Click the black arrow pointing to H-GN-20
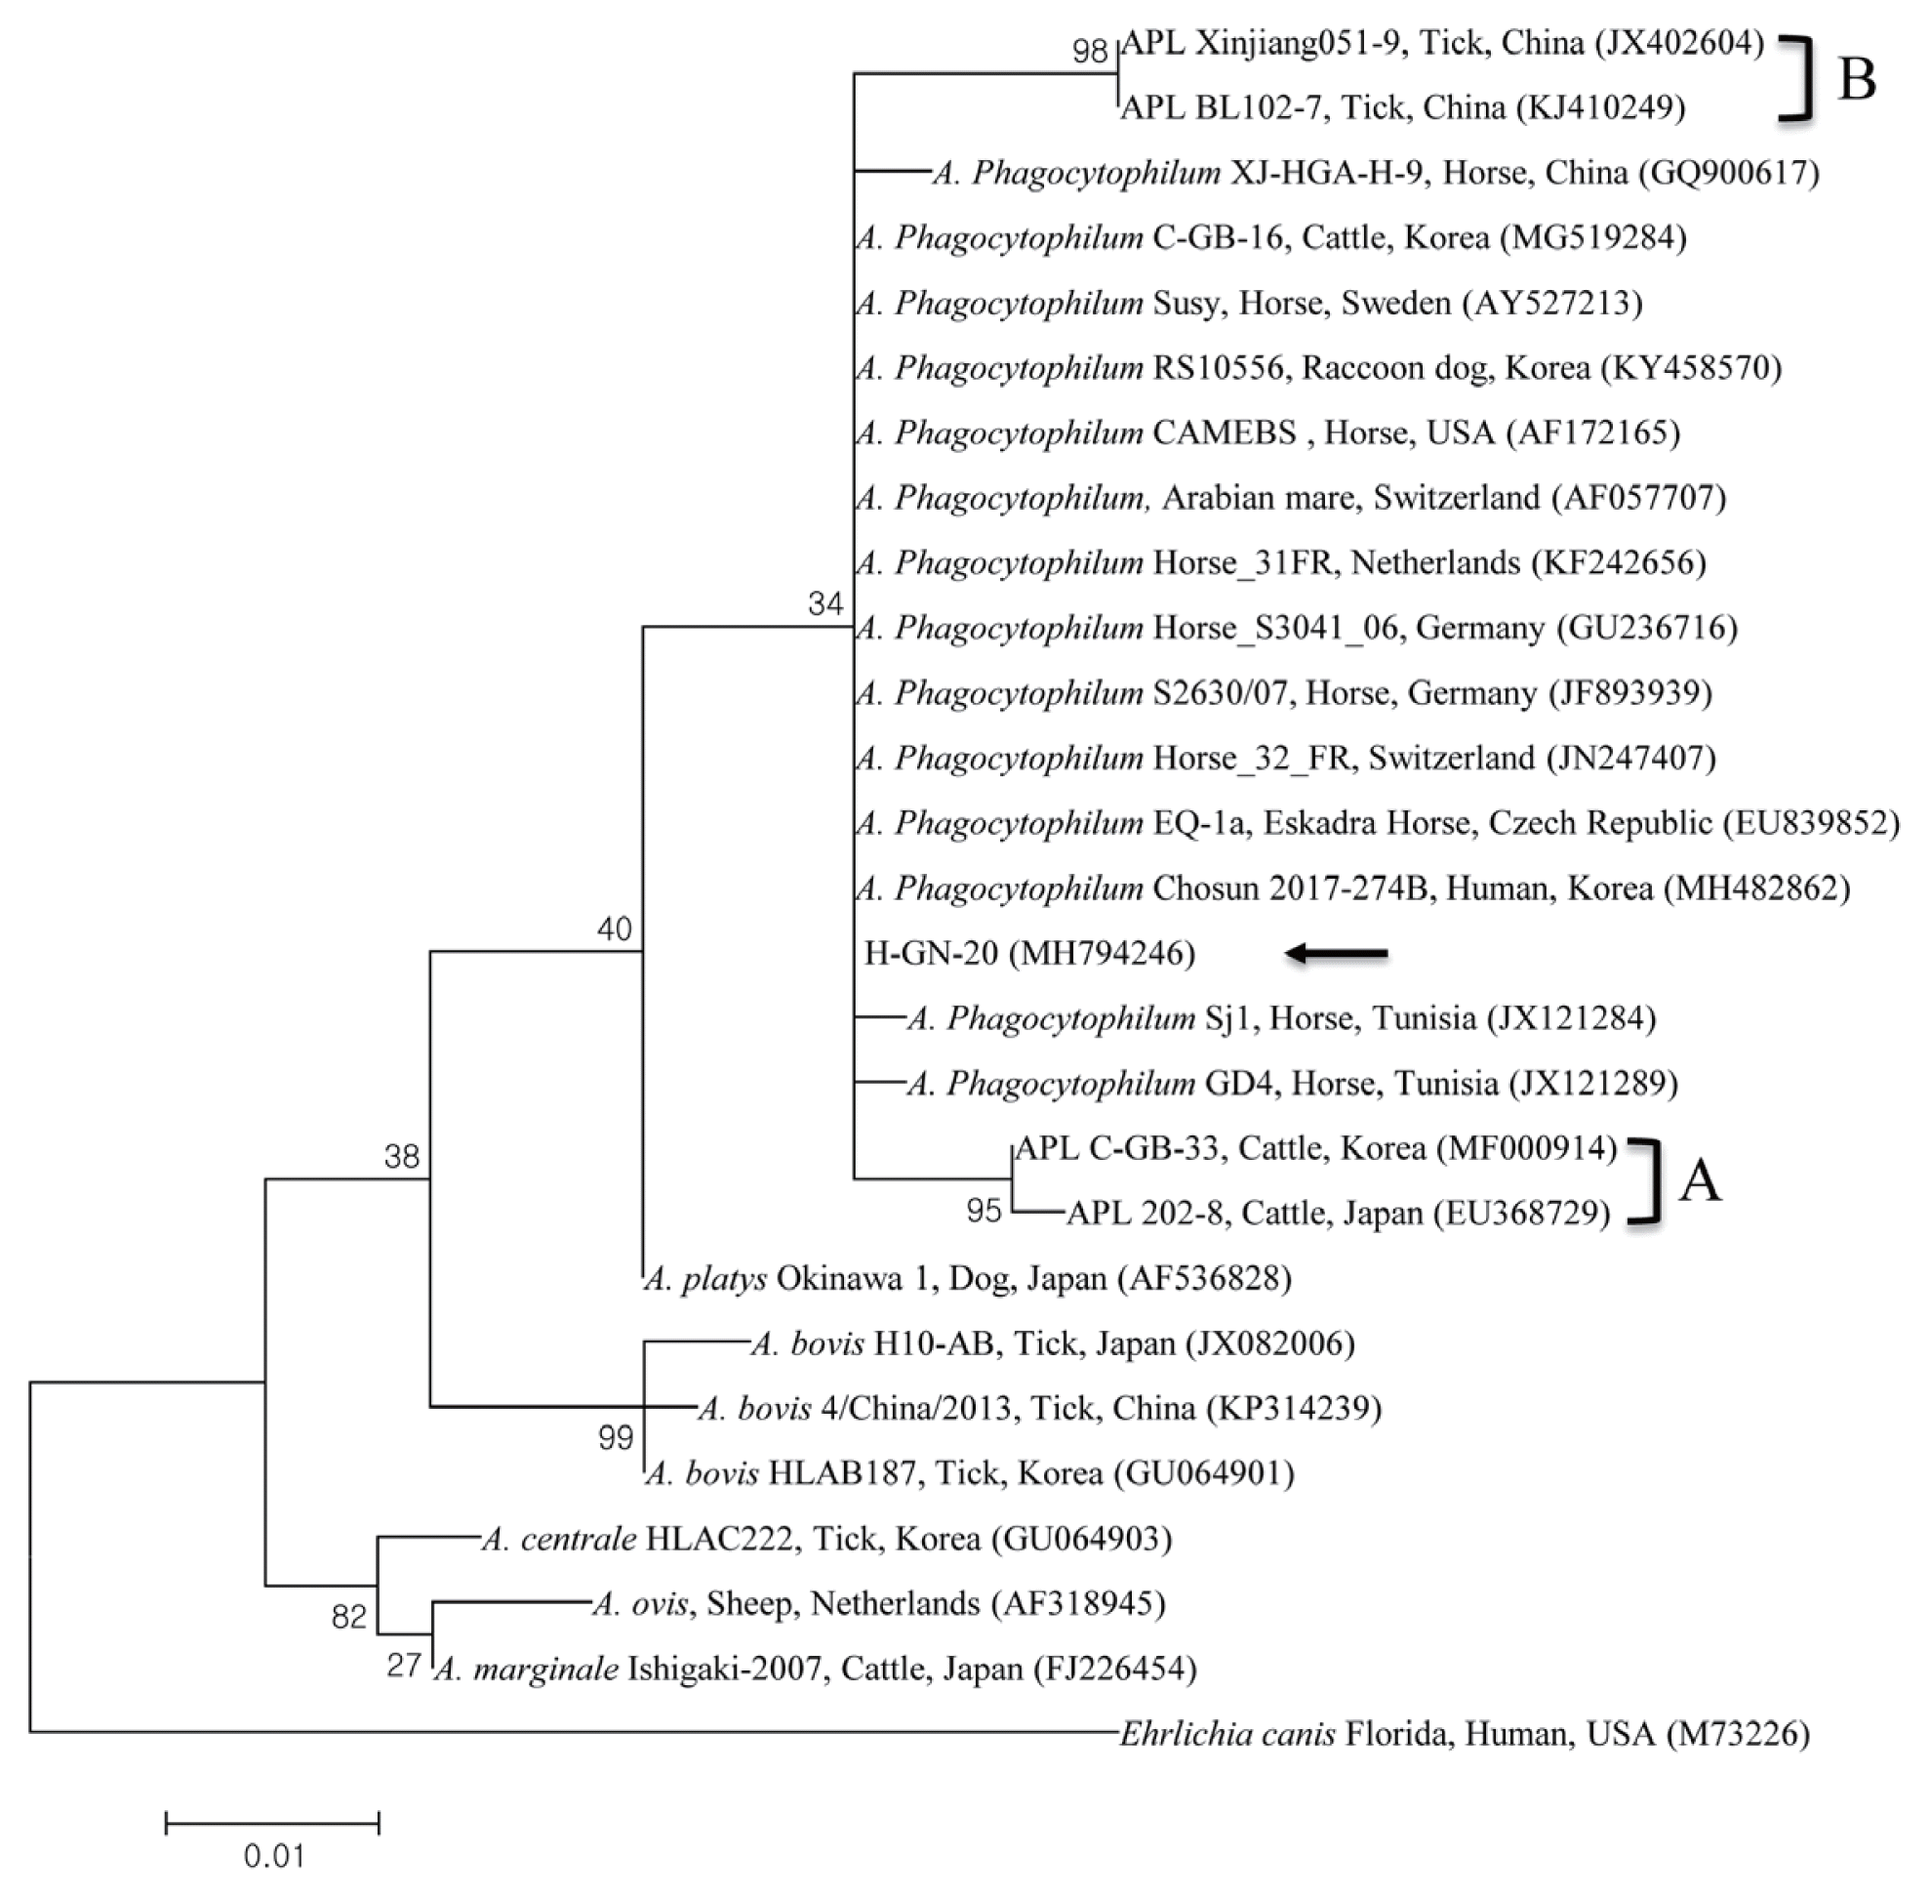pos(1336,954)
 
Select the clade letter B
pos(1856,79)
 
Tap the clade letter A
pos(1700,1182)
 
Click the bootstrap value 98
pos(1090,51)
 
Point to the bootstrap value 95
pos(983,1211)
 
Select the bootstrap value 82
pos(349,1617)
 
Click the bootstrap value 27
pos(404,1666)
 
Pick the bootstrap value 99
pos(615,1437)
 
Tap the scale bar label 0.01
pos(273,1856)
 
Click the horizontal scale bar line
pos(272,1824)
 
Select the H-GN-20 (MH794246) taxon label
pos(1028,954)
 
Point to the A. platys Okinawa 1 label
pos(967,1279)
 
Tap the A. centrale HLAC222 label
pos(826,1539)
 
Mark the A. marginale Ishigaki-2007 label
pos(815,1669)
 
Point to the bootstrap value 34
pos(825,603)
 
